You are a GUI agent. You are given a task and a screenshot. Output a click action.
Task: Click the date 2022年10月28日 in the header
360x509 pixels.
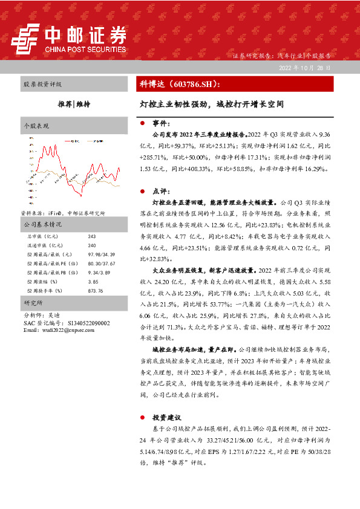point(305,68)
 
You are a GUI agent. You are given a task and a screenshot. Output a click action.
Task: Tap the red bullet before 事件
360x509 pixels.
point(142,123)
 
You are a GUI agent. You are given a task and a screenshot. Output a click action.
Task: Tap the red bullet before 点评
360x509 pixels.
point(142,190)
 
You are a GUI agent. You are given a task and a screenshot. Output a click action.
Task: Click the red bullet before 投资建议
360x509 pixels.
point(142,417)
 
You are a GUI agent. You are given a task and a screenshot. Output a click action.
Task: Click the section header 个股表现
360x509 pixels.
point(35,126)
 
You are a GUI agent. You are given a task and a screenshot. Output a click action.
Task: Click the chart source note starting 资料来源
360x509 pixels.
point(63,213)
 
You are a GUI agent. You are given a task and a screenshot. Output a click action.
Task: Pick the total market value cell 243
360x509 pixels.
point(92,236)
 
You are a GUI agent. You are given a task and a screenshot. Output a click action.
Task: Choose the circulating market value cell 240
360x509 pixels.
point(92,245)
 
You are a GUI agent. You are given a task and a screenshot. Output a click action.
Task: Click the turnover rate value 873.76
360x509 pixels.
point(96,291)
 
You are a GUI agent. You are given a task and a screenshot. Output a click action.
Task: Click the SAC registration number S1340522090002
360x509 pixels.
point(84,323)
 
